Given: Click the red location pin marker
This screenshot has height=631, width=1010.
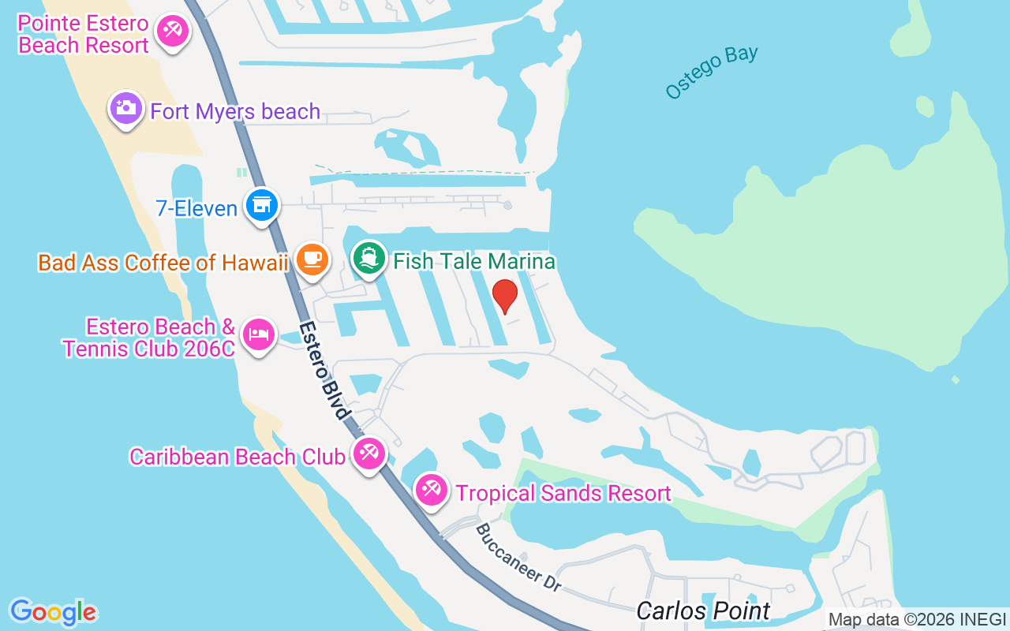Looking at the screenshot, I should click(x=504, y=295).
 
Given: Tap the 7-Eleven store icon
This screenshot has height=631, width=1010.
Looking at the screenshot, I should click(x=261, y=205).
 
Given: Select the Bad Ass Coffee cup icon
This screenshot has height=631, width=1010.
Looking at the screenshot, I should click(x=312, y=259).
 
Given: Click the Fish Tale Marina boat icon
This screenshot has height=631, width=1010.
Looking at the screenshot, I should click(x=368, y=258).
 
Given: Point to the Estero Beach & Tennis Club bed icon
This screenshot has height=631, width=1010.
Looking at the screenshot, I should click(x=258, y=334).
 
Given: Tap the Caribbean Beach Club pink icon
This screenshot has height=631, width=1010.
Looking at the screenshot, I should click(x=368, y=453).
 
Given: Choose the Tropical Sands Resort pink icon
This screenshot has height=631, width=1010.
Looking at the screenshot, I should click(x=431, y=490).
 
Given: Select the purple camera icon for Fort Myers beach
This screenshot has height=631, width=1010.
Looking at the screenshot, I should click(x=125, y=107).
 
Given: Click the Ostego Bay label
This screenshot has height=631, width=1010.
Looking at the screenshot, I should click(x=712, y=73).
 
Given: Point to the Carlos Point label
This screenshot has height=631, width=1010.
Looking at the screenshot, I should click(x=703, y=610).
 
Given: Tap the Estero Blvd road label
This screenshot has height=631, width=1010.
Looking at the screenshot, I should click(x=324, y=370).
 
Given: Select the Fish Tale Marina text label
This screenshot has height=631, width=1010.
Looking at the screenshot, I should click(x=474, y=261).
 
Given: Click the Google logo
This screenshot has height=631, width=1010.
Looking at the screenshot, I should click(x=53, y=612).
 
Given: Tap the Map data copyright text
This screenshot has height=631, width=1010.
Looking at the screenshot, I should click(x=917, y=620).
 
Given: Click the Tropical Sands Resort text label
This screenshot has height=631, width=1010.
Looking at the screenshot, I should click(x=563, y=494).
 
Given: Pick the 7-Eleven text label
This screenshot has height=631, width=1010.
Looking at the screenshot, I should click(x=197, y=208).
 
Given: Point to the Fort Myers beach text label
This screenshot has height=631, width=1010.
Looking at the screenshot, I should click(x=235, y=111).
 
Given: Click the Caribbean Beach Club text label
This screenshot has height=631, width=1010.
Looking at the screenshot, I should click(x=237, y=457).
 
